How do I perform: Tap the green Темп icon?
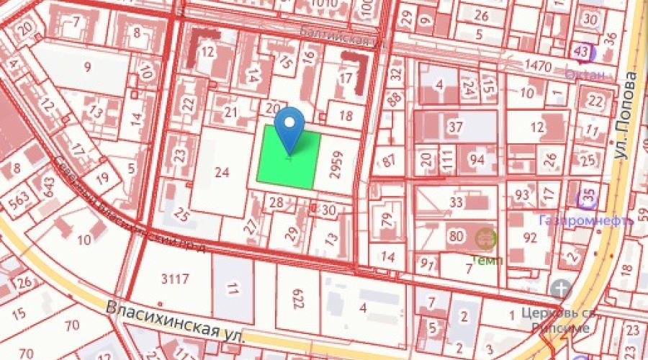[x=486, y=236]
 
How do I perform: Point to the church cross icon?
[x=561, y=290]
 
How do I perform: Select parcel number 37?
[x=455, y=127]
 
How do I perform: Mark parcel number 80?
[x=455, y=235]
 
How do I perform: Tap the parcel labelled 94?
[x=477, y=159]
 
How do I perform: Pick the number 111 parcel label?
[x=446, y=159]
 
